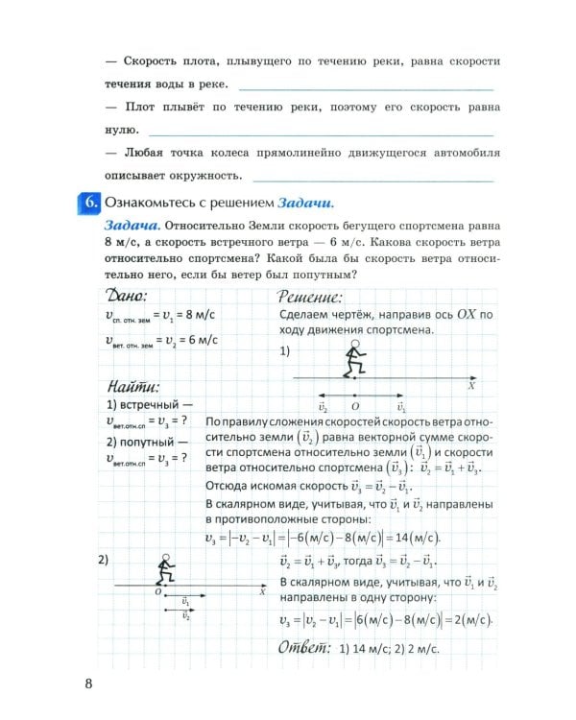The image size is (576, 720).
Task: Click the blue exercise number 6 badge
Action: point(87,203)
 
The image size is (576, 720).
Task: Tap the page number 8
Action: point(88,684)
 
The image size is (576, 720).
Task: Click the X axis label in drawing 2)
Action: point(261,592)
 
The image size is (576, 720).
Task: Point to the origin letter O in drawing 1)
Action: point(355,407)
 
